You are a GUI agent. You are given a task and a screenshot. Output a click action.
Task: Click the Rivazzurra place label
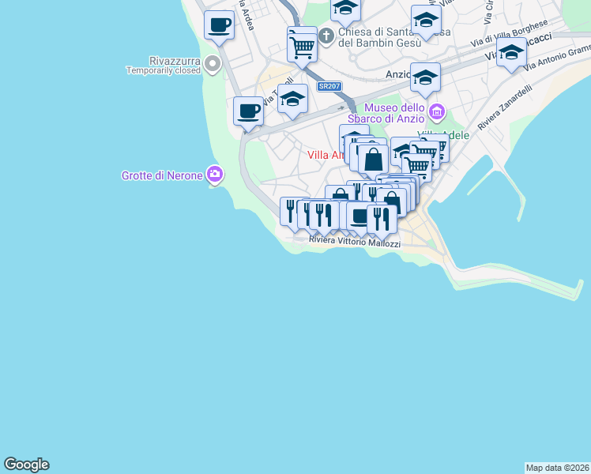tap(175, 60)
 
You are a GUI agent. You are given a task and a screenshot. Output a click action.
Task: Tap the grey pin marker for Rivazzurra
tap(212, 63)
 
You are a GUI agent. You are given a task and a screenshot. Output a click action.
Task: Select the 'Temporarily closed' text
tap(164, 70)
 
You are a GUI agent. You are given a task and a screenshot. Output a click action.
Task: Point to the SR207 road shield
tap(329, 86)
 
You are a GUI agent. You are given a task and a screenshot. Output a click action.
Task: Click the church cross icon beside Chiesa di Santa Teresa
tap(326, 36)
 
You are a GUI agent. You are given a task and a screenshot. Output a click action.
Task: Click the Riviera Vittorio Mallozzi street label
tap(354, 242)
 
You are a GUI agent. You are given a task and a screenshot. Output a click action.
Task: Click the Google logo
tap(27, 465)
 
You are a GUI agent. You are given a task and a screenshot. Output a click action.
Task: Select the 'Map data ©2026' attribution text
tap(557, 468)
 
